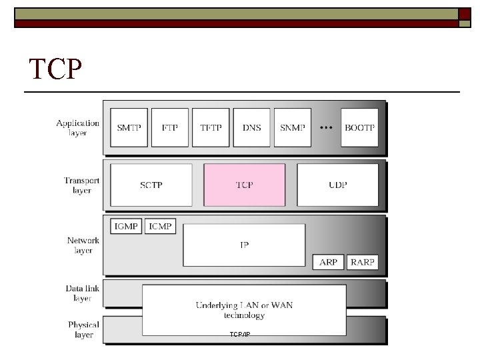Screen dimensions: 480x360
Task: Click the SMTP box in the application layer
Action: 129,127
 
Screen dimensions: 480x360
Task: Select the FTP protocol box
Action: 170,127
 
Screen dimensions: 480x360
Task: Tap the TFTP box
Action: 210,127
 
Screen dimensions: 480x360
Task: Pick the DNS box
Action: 251,127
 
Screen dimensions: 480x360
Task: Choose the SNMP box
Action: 292,127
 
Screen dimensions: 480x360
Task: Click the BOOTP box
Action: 359,127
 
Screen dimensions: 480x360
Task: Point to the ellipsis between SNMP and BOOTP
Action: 326,127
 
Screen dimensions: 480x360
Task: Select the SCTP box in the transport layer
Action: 151,185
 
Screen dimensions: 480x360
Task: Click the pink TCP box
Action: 244,185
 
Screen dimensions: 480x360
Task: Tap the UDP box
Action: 337,185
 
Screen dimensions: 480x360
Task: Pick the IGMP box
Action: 125,227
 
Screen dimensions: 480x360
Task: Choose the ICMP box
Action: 160,227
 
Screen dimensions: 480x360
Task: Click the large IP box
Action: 244,245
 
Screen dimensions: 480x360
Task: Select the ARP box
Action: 328,262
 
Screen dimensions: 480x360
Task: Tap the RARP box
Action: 363,262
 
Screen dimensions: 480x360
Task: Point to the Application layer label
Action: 78,127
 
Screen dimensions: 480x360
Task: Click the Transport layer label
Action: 82,185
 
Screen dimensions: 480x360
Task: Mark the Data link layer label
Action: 83,293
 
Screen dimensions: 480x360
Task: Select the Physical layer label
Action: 83,329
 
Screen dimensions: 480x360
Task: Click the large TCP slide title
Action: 57,68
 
